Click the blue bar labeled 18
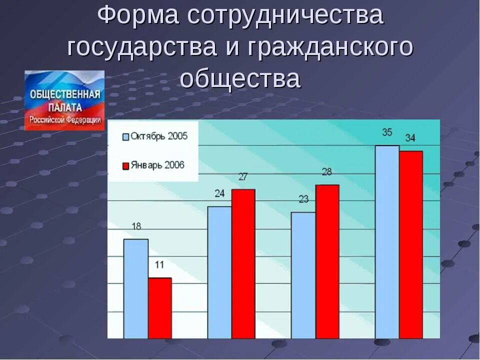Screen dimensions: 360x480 pos(135,288)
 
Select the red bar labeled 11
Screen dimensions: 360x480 pos(159,307)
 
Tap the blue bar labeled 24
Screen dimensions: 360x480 pos(219,272)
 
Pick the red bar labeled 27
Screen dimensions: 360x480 pos(243,263)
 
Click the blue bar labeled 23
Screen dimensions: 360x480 pos(303,275)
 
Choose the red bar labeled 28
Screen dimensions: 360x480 pos(327,261)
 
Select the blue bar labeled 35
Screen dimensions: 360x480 pos(387,242)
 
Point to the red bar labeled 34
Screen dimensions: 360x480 pos(411,244)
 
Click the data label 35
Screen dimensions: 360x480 pos(387,132)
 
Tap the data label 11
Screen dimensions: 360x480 pos(159,265)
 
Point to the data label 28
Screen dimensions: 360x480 pos(327,172)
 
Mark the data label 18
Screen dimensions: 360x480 pos(135,226)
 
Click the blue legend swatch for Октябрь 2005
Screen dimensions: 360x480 pos(126,136)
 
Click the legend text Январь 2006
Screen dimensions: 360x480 pos(157,165)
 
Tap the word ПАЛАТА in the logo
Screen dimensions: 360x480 pos(65,107)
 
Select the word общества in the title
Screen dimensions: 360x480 pos(240,79)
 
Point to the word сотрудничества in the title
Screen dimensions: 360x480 pos(285,16)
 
